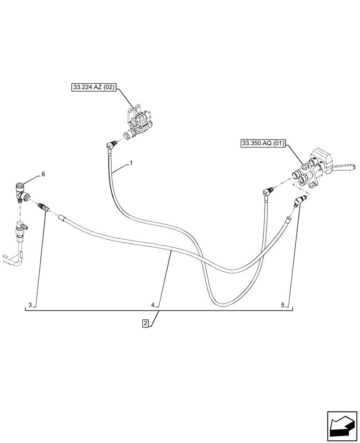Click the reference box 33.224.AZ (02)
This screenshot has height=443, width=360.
pyautogui.click(x=93, y=88)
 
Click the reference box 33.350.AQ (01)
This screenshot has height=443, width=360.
pyautogui.click(x=264, y=144)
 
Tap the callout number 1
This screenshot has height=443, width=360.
pyautogui.click(x=131, y=163)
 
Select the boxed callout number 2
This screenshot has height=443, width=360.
pyautogui.click(x=145, y=323)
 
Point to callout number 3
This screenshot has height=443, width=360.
pyautogui.click(x=30, y=305)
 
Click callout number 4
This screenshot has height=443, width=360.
pyautogui.click(x=153, y=305)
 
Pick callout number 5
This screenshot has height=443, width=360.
pyautogui.click(x=282, y=305)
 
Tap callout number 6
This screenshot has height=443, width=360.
pyautogui.click(x=43, y=175)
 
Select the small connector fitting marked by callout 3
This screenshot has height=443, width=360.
pyautogui.click(x=44, y=207)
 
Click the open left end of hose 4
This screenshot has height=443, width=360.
pyautogui.click(x=63, y=218)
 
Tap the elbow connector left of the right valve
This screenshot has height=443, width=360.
pyautogui.click(x=267, y=191)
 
